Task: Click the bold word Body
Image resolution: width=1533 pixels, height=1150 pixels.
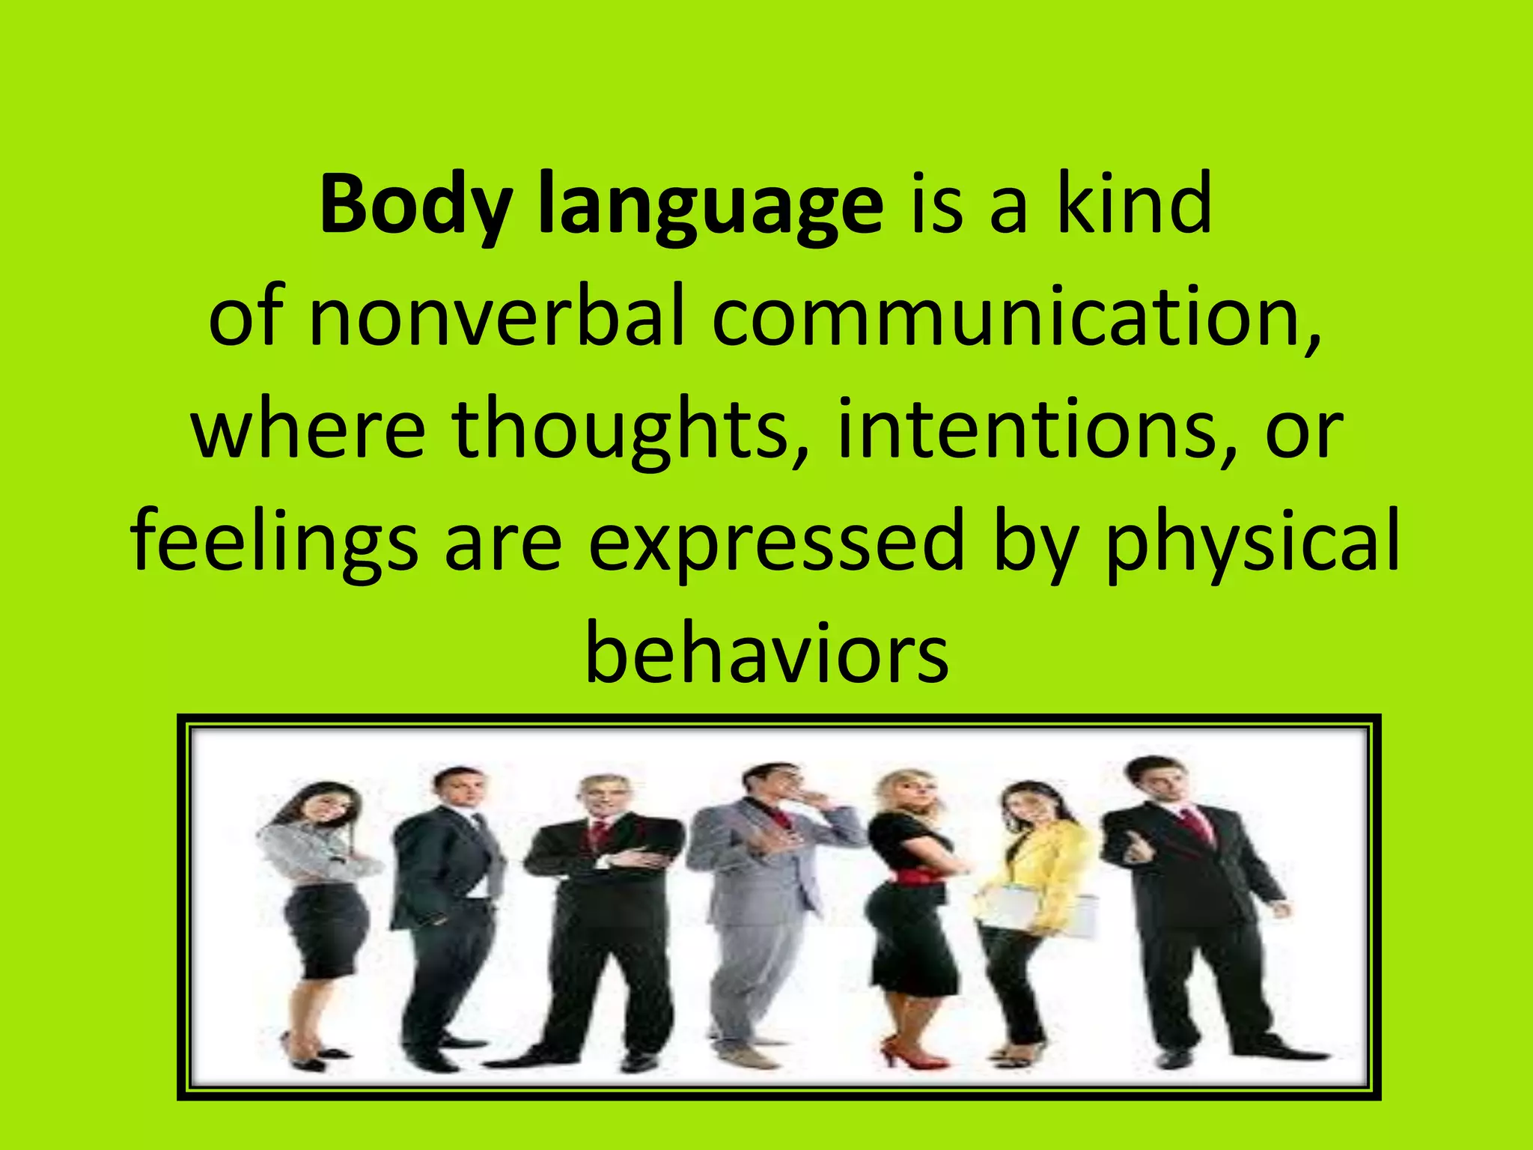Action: (x=416, y=205)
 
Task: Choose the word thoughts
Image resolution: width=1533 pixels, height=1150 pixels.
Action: (x=621, y=430)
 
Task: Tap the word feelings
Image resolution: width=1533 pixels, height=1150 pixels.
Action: (x=274, y=541)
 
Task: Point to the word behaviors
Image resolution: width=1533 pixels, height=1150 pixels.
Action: (x=766, y=653)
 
